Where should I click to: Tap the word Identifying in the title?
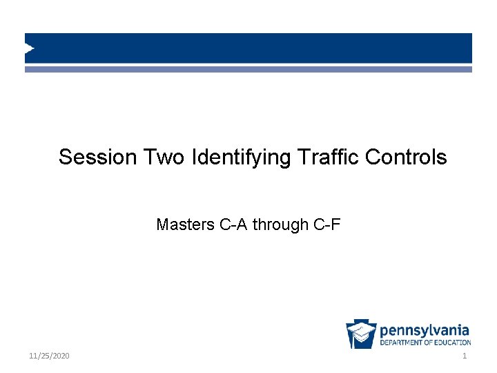(242, 158)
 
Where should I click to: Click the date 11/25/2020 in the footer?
(50, 356)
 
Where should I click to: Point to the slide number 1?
(465, 356)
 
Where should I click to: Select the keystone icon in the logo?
(361, 334)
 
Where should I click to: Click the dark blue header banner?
(248, 48)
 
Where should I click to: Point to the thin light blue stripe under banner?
(248, 69)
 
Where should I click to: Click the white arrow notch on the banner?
(29, 48)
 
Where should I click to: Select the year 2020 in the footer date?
(61, 356)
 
